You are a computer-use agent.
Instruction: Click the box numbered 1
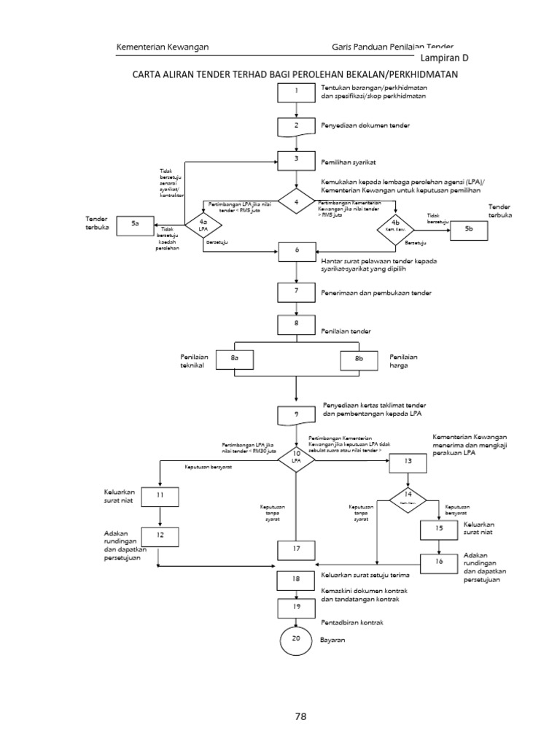point(296,93)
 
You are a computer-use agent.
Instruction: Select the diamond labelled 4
point(296,201)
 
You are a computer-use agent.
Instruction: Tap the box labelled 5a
point(135,224)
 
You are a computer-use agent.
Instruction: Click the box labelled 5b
point(468,229)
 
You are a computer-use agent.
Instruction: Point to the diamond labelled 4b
point(395,229)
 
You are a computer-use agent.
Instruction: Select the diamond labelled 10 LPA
point(296,459)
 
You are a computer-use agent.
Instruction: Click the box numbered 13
point(408,462)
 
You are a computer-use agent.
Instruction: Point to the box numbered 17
point(296,549)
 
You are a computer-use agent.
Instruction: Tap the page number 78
point(300,716)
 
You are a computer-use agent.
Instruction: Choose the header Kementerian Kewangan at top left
point(163,47)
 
